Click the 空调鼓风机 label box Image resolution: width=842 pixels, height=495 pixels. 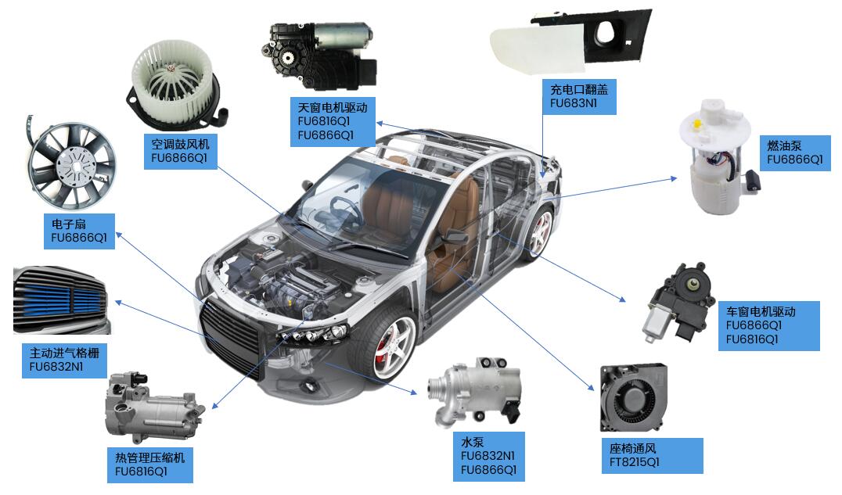pos(181,151)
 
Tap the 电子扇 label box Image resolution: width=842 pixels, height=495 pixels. pos(78,231)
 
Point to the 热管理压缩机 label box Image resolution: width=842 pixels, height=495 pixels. pos(149,465)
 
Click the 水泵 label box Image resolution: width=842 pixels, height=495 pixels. pos(488,456)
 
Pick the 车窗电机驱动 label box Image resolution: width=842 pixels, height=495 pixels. pos(768,325)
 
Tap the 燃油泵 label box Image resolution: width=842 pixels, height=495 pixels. pos(795,152)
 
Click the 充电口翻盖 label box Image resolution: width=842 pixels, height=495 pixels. pos(578,96)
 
